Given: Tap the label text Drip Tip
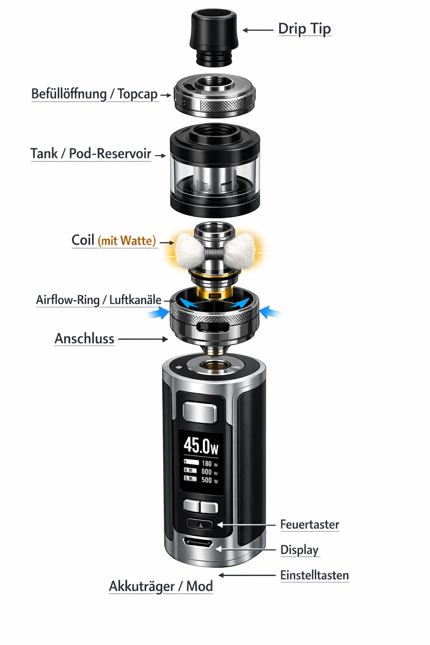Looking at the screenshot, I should click(304, 29).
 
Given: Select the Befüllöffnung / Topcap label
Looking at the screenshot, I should click(94, 94).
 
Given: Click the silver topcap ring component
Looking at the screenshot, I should click(215, 96).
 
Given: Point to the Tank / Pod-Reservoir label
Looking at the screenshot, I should click(91, 154).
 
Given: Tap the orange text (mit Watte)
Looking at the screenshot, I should click(127, 241).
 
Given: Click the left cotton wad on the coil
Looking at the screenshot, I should click(189, 251).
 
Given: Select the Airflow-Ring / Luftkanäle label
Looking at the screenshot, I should click(99, 300).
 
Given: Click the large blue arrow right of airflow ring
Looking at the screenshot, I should click(270, 312).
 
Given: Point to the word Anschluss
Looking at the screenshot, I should click(84, 338).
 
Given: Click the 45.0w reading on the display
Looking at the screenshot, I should click(201, 446).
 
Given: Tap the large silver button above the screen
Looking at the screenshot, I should click(200, 412).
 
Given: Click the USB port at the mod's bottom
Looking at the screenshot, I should click(197, 542).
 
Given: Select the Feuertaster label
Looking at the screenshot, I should click(309, 524).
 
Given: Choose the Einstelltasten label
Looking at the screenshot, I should click(315, 575).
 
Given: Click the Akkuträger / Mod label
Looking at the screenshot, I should click(161, 586).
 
